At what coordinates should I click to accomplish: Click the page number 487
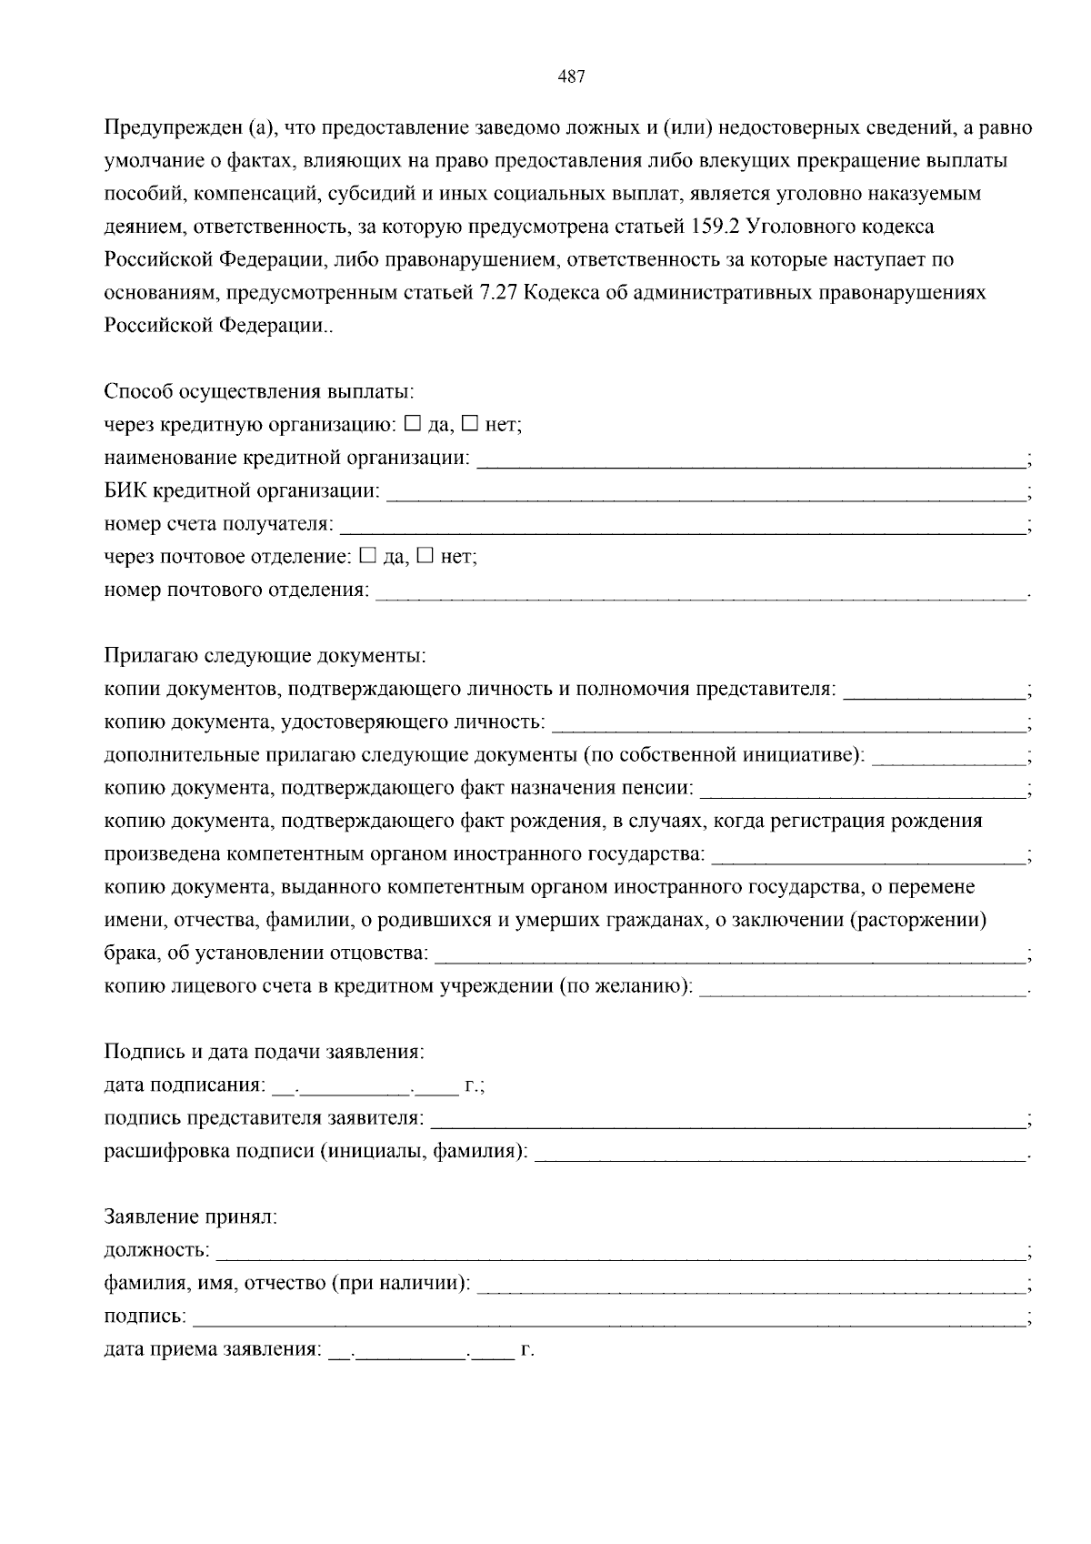570,77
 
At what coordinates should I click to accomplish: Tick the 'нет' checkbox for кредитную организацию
470,423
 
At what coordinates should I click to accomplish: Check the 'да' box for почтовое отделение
367,555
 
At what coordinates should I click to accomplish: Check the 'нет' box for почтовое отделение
425,555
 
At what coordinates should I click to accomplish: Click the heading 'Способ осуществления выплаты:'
259,392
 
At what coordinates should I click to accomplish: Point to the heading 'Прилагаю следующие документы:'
265,656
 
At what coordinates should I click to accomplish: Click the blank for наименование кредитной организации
751,460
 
